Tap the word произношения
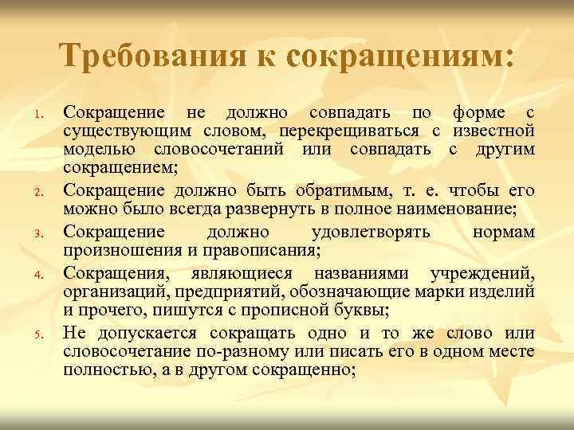pos(114,251)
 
